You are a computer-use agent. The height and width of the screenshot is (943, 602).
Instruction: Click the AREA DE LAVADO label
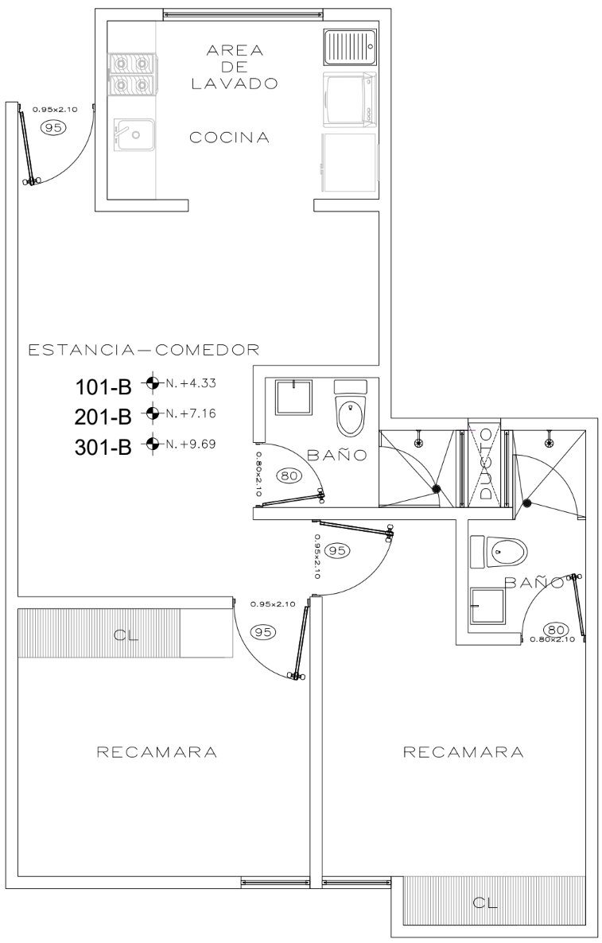[235, 67]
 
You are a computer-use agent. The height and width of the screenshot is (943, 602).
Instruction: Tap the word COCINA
[229, 138]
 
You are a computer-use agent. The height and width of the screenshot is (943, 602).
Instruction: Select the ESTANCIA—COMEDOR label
[144, 349]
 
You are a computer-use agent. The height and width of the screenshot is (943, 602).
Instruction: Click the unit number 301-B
[103, 448]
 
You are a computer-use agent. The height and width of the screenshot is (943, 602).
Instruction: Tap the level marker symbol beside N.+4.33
[153, 382]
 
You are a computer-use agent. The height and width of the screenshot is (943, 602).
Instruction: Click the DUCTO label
[486, 463]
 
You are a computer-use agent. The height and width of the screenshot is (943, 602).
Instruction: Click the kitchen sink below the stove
[134, 134]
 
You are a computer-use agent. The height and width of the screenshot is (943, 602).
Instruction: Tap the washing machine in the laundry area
[350, 100]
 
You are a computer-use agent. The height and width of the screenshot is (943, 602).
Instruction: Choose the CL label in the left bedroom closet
[125, 635]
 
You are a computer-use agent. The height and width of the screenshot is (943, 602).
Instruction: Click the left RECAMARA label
[157, 751]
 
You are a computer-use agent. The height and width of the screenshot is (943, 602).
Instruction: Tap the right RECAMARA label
[463, 751]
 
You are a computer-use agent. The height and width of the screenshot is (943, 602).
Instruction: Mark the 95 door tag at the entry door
[53, 127]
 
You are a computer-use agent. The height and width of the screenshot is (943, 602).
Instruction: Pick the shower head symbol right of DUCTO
[549, 442]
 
